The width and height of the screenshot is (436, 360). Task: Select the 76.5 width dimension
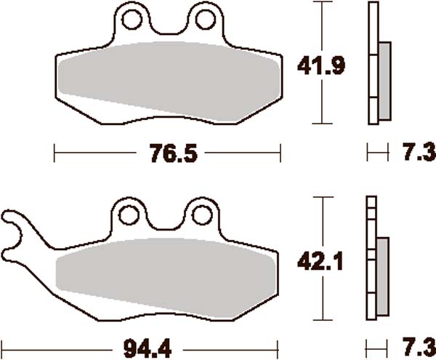coord(167,153)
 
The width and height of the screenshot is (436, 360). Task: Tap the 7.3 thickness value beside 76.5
coord(417,153)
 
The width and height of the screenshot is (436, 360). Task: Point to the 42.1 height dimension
coord(320,260)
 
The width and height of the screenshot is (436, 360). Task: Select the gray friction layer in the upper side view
coord(384,80)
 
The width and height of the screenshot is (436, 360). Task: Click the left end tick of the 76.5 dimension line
coord(56,153)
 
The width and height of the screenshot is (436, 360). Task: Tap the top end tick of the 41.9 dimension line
coord(320,2)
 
